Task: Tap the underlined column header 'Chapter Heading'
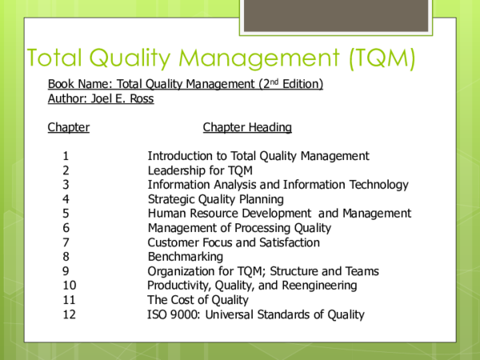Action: pyautogui.click(x=247, y=127)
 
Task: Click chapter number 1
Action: pyautogui.click(x=66, y=156)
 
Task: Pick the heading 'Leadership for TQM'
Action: pyautogui.click(x=200, y=170)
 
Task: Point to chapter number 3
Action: pyautogui.click(x=66, y=185)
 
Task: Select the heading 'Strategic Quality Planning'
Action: pyautogui.click(x=215, y=199)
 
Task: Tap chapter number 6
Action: pyautogui.click(x=66, y=228)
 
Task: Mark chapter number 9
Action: pyautogui.click(x=66, y=271)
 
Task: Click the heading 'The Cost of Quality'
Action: pyautogui.click(x=198, y=300)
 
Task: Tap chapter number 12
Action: pyautogui.click(x=69, y=314)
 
